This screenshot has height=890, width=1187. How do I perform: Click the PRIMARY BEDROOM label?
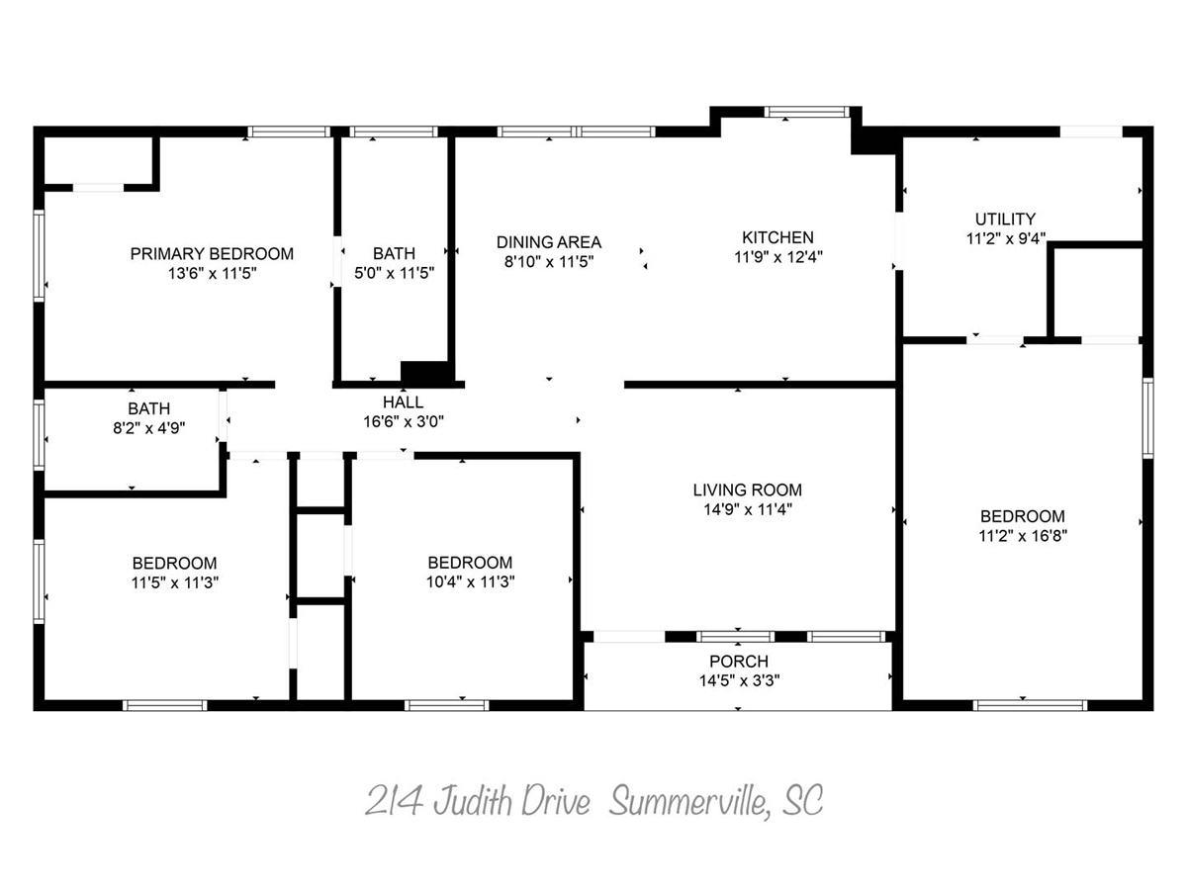[212, 253]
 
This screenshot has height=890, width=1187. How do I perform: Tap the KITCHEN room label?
[777, 237]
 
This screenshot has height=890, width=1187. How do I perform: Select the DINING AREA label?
[549, 242]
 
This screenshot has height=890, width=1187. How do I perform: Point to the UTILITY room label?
[1005, 219]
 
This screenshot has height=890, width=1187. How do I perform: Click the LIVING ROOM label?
[748, 489]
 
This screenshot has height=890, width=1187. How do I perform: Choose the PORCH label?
[739, 661]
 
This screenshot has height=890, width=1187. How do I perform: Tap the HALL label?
[403, 402]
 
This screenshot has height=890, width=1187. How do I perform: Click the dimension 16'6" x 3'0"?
[404, 421]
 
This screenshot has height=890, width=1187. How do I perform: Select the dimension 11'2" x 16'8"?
[1023, 536]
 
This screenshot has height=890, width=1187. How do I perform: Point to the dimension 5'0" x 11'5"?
[395, 273]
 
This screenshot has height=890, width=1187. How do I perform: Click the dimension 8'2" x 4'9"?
[148, 428]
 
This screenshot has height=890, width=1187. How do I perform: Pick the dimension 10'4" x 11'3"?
[470, 582]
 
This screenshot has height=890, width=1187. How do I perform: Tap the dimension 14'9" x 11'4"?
[748, 509]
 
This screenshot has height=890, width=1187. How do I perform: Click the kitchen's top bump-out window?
[806, 112]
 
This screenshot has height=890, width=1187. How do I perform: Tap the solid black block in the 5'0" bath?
[425, 373]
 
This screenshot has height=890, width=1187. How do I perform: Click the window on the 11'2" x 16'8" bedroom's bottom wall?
[1030, 705]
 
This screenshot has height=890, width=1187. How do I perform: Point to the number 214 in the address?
[394, 800]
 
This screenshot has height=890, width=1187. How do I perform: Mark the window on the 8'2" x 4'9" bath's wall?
[39, 434]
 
